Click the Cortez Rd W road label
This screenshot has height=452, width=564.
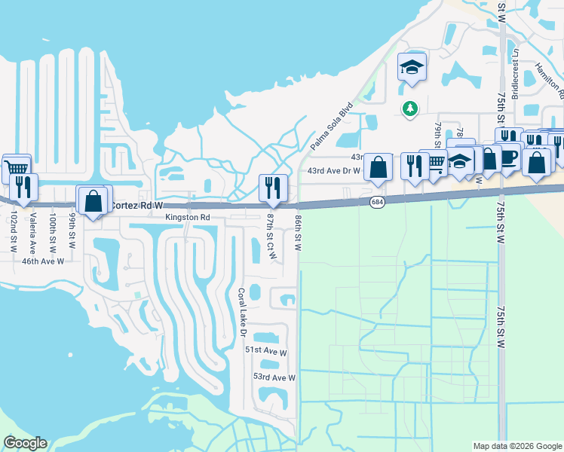pyautogui.click(x=136, y=205)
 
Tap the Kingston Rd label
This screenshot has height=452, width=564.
pyautogui.click(x=187, y=217)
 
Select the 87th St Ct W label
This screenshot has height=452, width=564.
pyautogui.click(x=271, y=237)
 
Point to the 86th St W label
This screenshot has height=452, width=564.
pyautogui.click(x=299, y=232)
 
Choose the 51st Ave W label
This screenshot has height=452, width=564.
pyautogui.click(x=266, y=352)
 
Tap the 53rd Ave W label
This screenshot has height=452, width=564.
pyautogui.click(x=274, y=377)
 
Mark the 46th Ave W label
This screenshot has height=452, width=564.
pyautogui.click(x=43, y=261)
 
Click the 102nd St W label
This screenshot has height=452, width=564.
pyautogui.click(x=13, y=233)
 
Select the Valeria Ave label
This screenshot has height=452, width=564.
pyautogui.click(x=32, y=231)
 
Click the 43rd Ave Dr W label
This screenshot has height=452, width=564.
pyautogui.click(x=335, y=171)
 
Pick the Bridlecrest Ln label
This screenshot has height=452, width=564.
pyautogui.click(x=516, y=73)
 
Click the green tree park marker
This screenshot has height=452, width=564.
pyautogui.click(x=410, y=109)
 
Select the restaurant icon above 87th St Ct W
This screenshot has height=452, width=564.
pyautogui.click(x=271, y=186)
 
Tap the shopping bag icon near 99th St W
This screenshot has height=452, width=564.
pyautogui.click(x=93, y=200)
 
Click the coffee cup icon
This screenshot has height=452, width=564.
pyautogui.click(x=509, y=155)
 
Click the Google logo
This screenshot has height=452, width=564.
pyautogui.click(x=25, y=443)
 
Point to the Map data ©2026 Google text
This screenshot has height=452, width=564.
pyautogui.click(x=517, y=446)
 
